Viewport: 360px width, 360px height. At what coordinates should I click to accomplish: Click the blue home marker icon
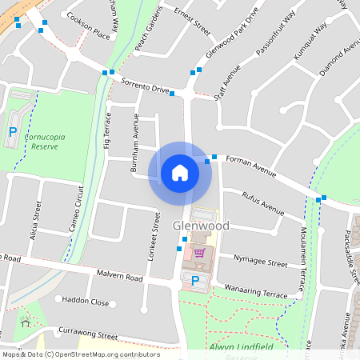180,173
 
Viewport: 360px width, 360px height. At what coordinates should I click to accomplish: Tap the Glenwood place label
201,226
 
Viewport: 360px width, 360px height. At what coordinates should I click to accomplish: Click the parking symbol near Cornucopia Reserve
13,131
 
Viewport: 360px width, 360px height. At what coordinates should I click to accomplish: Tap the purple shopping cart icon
199,253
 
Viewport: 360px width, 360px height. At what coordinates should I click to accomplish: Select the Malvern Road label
119,277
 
